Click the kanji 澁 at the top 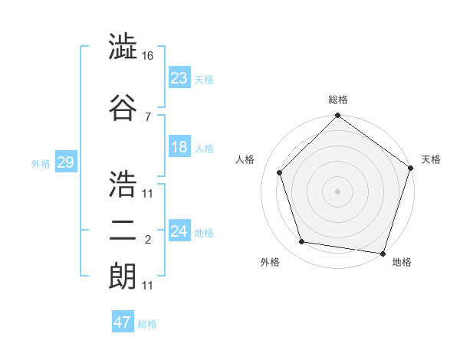coord(123,47)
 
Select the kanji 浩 coord(123,182)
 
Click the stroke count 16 coord(149,56)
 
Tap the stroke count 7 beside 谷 coord(147,116)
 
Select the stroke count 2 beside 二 coord(147,241)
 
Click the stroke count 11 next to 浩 coord(148,193)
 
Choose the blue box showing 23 coord(179,78)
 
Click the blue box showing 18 coord(179,147)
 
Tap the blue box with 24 coord(179,231)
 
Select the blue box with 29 coord(65,162)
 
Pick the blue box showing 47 coord(122,322)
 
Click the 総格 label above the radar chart coord(337,100)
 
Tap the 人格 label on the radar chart coord(245,159)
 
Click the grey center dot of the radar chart coord(337,191)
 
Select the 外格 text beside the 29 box coord(40,163)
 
